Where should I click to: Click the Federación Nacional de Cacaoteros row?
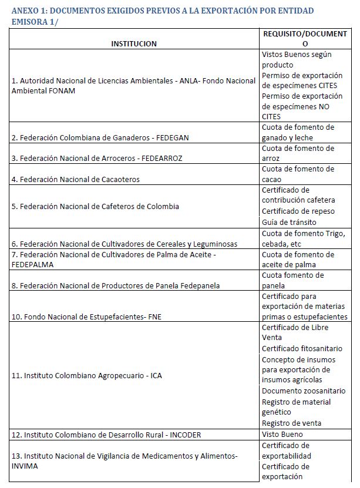(76, 180)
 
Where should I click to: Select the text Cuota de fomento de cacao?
(298, 174)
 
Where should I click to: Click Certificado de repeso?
(291, 211)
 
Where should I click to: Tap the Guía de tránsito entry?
(289, 222)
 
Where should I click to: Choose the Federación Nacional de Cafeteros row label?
(96, 207)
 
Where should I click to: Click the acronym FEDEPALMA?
(32, 265)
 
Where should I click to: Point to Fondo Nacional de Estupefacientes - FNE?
(86, 317)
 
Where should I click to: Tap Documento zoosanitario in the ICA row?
(303, 391)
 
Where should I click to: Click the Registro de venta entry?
(291, 423)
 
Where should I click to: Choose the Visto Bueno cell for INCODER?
(282, 434)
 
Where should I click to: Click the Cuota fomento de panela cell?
(292, 281)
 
